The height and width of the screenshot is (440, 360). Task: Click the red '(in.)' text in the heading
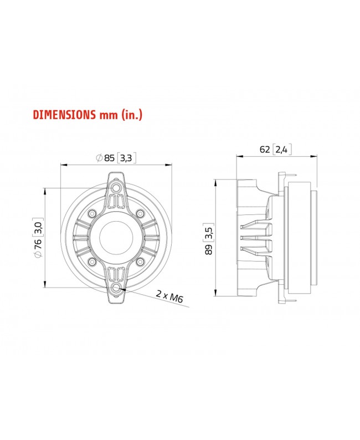point(134,115)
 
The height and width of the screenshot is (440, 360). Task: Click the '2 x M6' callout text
point(169,298)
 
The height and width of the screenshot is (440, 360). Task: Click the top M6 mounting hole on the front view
point(116,188)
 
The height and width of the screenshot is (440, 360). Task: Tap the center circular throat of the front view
point(116,238)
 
